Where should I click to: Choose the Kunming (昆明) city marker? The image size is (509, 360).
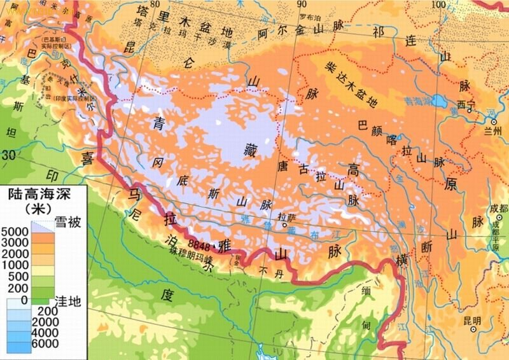(x=473, y=330)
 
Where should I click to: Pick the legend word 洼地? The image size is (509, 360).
(x=68, y=300)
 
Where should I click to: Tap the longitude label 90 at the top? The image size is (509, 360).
(x=302, y=5)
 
